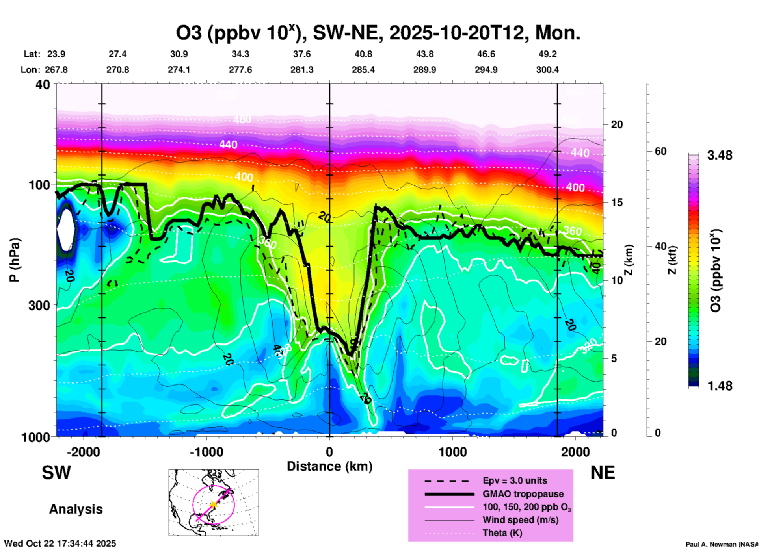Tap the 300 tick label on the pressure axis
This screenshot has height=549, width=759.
click(39, 305)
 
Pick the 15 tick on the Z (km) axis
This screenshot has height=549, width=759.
click(616, 202)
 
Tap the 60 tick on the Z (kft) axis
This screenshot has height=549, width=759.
click(660, 151)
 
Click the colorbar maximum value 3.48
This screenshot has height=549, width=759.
click(720, 156)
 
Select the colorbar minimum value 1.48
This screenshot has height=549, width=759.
click(720, 386)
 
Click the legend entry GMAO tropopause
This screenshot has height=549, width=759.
click(523, 494)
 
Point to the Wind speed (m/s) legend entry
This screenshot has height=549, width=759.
click(520, 520)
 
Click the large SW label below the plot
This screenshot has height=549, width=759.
click(56, 473)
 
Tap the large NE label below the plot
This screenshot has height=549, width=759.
click(603, 473)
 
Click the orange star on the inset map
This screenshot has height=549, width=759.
click(213, 504)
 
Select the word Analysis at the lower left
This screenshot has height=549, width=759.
click(76, 509)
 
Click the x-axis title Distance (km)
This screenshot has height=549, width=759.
click(329, 466)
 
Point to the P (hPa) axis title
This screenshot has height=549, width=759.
click(15, 260)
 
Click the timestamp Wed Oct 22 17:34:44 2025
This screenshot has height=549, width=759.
click(60, 543)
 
